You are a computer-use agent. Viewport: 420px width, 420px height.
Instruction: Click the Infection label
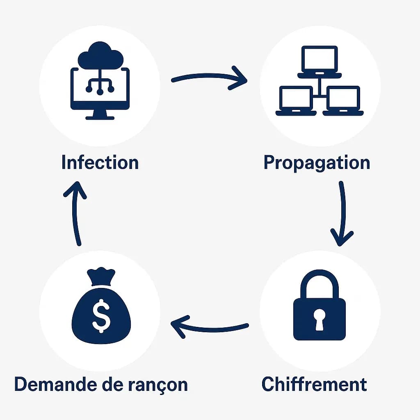point(100,163)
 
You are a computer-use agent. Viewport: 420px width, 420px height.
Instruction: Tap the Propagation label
point(316,163)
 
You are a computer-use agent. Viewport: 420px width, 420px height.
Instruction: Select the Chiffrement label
point(314,384)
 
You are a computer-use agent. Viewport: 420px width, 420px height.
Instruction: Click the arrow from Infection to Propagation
point(209,78)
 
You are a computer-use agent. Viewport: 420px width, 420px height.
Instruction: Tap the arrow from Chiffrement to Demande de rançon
point(209,326)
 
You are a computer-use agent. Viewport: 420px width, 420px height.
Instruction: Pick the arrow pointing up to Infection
point(76,213)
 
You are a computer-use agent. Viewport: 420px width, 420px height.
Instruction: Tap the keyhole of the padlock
point(320,319)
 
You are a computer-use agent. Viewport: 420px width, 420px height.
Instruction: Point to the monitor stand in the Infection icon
point(100,114)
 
